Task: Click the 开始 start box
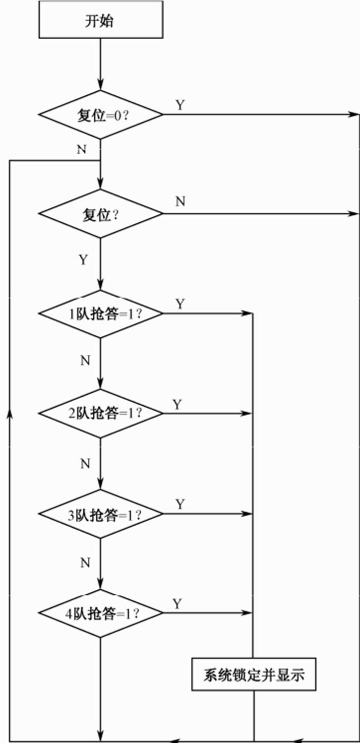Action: tap(101, 21)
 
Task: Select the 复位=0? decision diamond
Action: tap(101, 115)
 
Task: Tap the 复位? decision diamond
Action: tap(101, 214)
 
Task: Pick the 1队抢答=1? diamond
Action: tap(101, 313)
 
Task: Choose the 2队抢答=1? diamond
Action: tap(101, 413)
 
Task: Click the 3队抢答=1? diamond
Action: tap(101, 514)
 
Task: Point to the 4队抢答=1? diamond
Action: tap(101, 613)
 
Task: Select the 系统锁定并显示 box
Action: tap(253, 675)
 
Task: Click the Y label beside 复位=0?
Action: tap(180, 105)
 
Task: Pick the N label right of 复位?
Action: tap(180, 202)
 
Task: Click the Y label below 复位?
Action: tap(83, 259)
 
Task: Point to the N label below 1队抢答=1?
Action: tap(85, 361)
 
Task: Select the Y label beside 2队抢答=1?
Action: tap(178, 404)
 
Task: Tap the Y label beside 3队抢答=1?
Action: tap(180, 504)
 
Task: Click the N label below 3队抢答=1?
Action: tap(85, 562)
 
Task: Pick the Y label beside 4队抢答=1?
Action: tap(178, 604)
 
